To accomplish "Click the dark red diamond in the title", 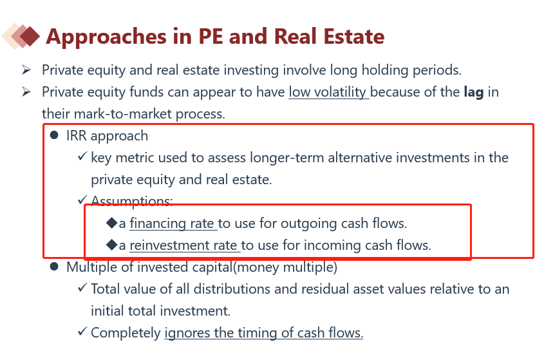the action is click(30, 36).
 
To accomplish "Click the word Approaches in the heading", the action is click(106, 37).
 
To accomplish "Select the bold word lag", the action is click(474, 93).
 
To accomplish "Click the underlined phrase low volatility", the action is click(328, 92).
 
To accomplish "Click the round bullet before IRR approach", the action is click(54, 135).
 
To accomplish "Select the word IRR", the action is click(77, 136).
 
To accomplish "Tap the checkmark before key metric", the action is click(82, 156).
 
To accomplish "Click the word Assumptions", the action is click(132, 201).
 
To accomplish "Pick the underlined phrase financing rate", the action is click(173, 223).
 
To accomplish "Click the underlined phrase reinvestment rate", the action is click(185, 245).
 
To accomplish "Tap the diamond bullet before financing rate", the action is click(111, 223).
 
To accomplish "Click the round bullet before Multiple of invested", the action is click(54, 266).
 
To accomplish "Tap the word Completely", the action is click(126, 333).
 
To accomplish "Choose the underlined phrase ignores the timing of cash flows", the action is click(264, 333).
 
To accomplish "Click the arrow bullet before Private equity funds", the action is click(26, 92).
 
